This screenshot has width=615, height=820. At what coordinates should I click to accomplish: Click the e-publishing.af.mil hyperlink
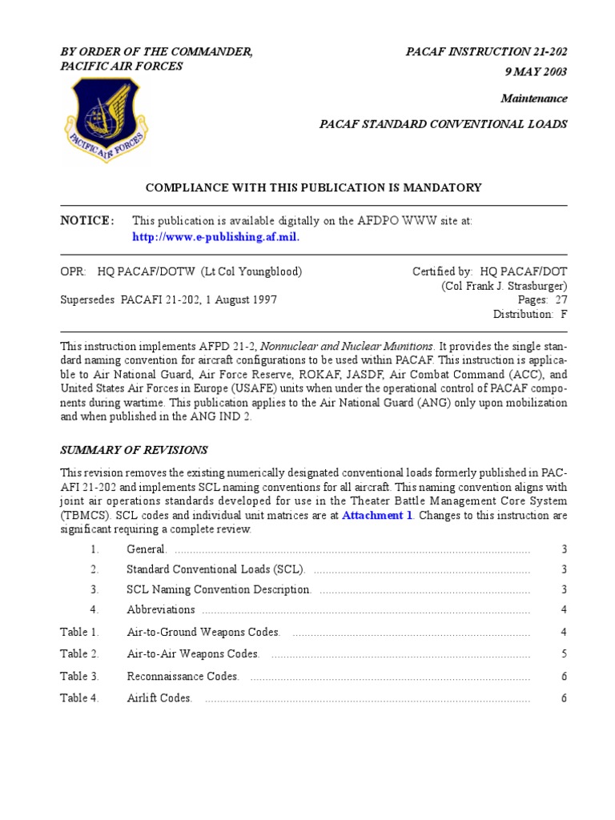tap(215, 237)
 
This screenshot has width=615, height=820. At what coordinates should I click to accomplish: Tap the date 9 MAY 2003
tap(536, 72)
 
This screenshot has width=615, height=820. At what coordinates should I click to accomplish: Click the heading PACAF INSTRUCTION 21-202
tap(487, 52)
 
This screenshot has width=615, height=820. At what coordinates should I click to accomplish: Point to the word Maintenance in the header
tap(534, 98)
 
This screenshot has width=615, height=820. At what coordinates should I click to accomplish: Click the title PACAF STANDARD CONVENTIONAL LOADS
tap(444, 124)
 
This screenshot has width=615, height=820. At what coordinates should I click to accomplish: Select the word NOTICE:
tap(87, 221)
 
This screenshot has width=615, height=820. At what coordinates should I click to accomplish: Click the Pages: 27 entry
tap(543, 300)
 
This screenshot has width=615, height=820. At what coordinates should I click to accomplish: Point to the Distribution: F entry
tap(529, 315)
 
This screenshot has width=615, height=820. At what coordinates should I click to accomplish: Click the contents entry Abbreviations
tap(160, 610)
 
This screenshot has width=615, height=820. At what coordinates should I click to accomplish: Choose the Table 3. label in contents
tap(79, 677)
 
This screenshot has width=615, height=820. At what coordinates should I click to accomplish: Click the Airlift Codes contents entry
tap(159, 698)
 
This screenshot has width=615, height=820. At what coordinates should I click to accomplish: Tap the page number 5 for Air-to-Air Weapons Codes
tap(564, 654)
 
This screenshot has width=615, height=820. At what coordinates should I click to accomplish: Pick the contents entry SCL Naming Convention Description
tap(219, 589)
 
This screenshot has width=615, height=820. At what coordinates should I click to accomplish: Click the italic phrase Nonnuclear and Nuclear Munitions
tap(348, 346)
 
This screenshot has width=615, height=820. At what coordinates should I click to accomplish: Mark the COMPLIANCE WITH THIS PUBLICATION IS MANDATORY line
tap(313, 187)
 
